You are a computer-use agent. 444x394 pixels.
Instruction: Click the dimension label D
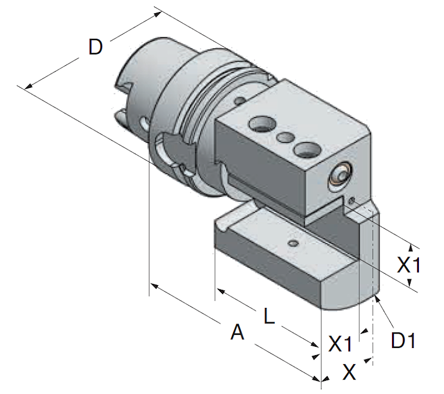click(95, 47)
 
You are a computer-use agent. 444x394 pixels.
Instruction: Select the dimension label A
click(238, 332)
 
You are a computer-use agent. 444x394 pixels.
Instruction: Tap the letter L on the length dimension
click(269, 316)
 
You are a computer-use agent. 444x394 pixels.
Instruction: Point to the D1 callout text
click(403, 340)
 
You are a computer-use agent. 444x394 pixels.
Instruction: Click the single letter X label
click(349, 373)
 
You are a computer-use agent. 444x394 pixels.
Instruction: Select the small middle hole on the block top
click(286, 138)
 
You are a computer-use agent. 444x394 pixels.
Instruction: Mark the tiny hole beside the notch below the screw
click(353, 200)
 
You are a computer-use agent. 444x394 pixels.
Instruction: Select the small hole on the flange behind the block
click(239, 100)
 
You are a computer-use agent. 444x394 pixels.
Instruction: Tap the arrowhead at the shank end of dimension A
click(152, 286)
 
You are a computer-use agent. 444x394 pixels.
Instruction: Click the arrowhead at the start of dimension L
click(219, 291)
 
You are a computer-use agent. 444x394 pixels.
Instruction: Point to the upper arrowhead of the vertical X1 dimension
click(411, 246)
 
